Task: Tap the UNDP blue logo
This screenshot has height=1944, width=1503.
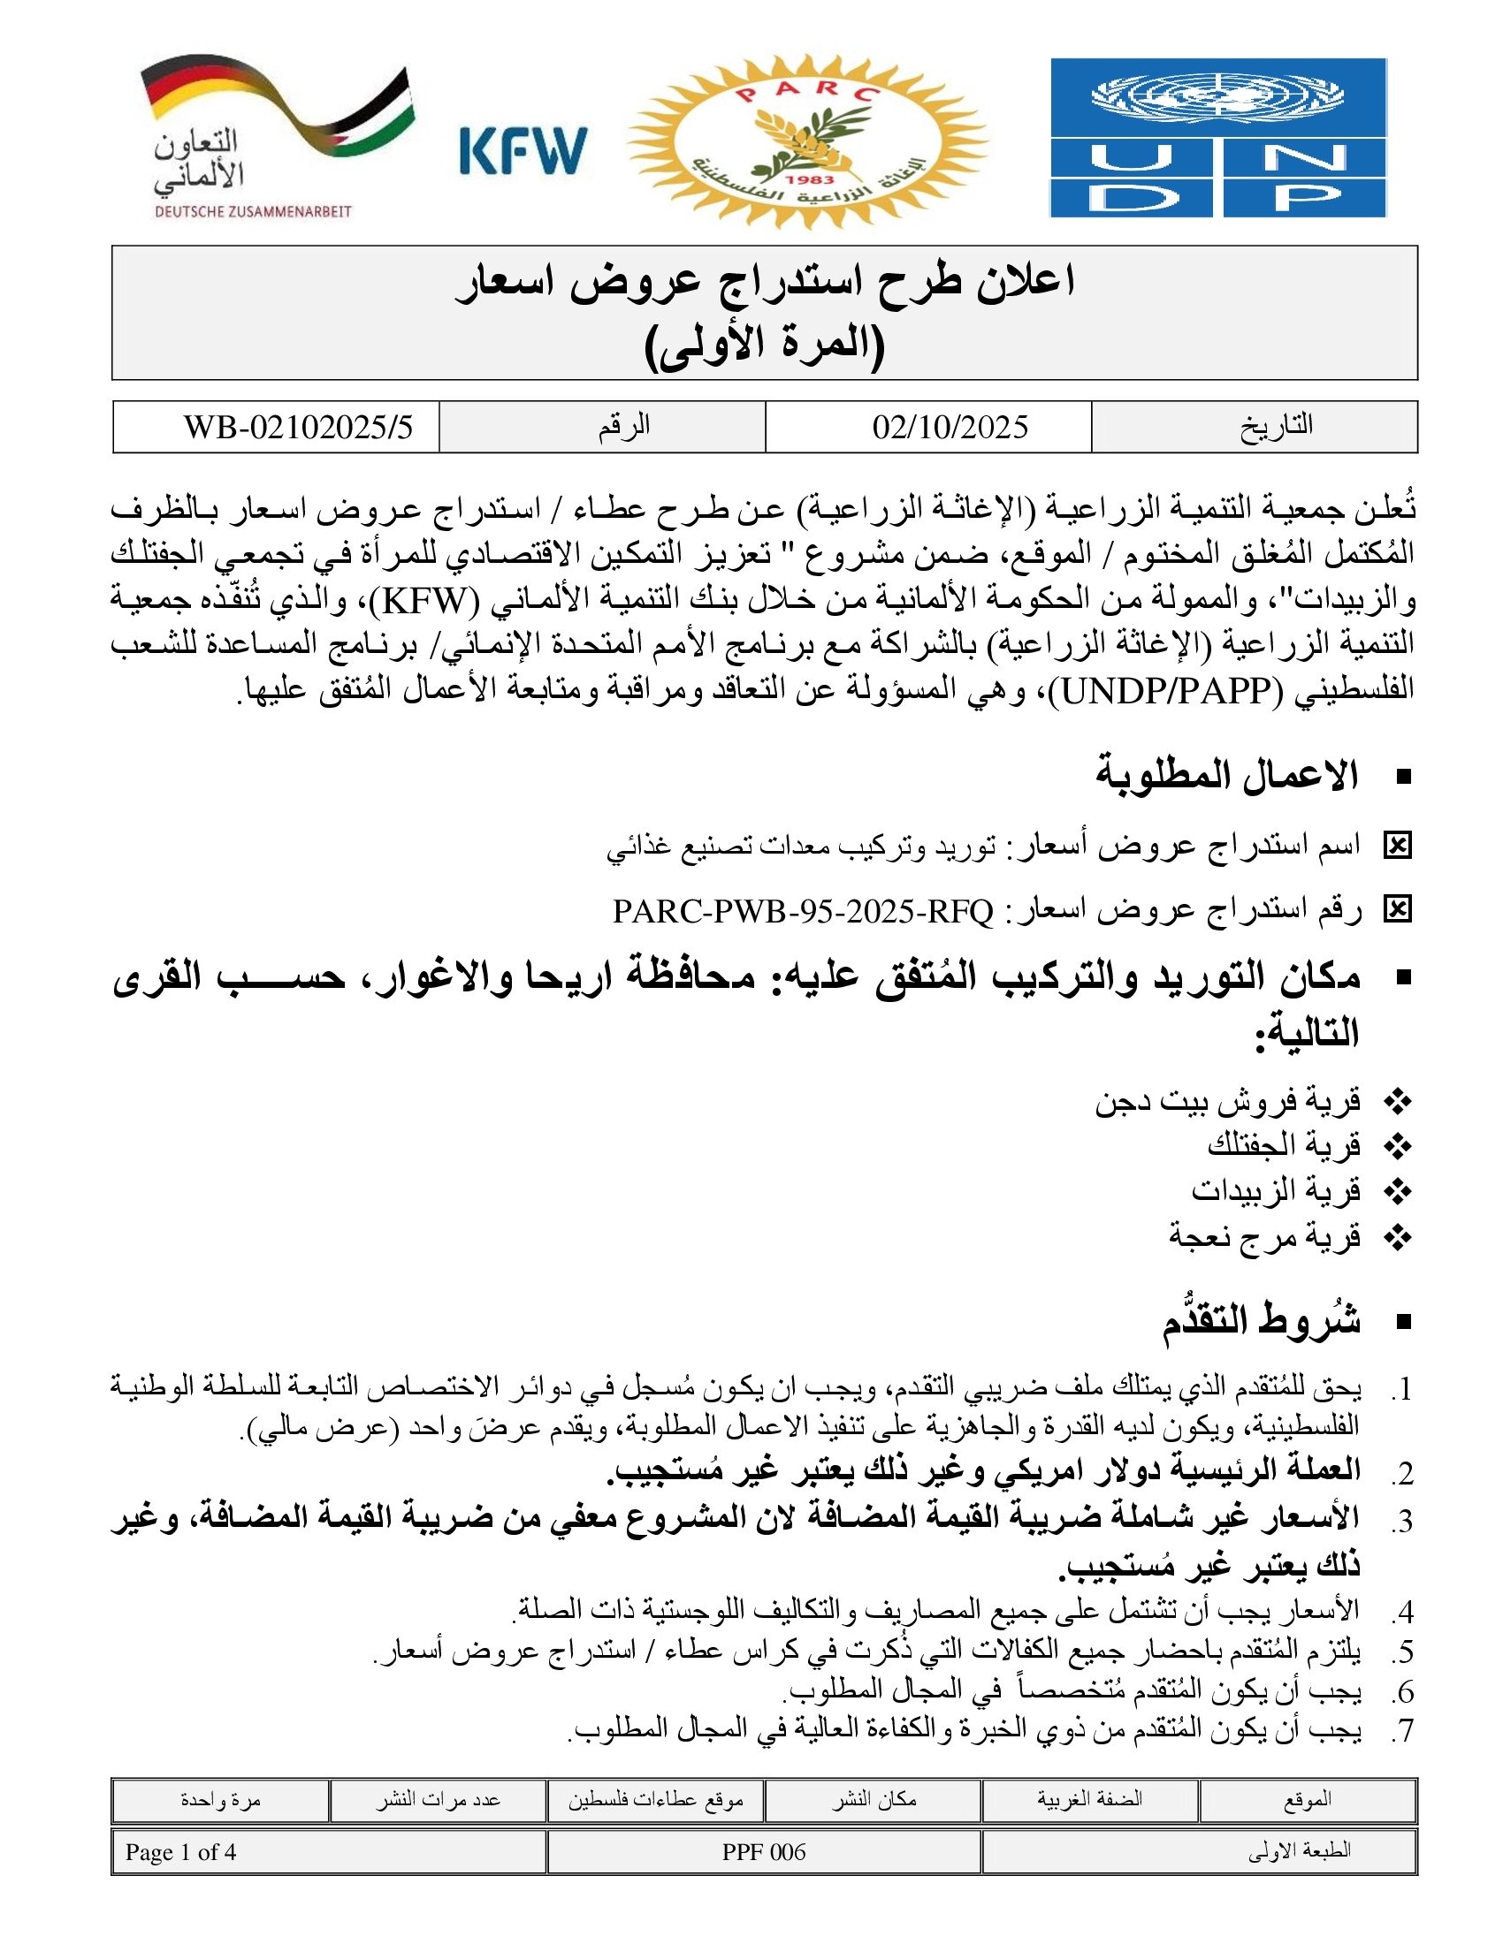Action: point(1218,138)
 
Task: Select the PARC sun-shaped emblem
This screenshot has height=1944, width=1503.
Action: point(807,140)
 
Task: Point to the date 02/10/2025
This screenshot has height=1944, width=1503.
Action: point(950,428)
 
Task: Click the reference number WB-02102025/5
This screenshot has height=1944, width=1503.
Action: point(298,428)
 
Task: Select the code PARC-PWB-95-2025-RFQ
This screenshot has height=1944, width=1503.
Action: point(802,910)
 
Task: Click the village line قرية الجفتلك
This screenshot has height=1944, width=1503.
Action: point(1283,1144)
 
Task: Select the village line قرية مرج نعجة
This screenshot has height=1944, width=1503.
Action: point(1264,1235)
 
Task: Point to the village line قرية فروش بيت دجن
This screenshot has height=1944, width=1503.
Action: point(1228,1101)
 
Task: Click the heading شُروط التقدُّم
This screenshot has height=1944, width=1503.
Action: point(1261,1322)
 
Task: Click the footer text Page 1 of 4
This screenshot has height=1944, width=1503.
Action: point(180,1852)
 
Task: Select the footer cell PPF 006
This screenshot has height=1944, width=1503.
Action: point(763,1852)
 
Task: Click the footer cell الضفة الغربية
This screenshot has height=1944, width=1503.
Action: point(1089,1800)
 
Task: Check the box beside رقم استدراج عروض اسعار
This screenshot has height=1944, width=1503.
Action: point(1397,909)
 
